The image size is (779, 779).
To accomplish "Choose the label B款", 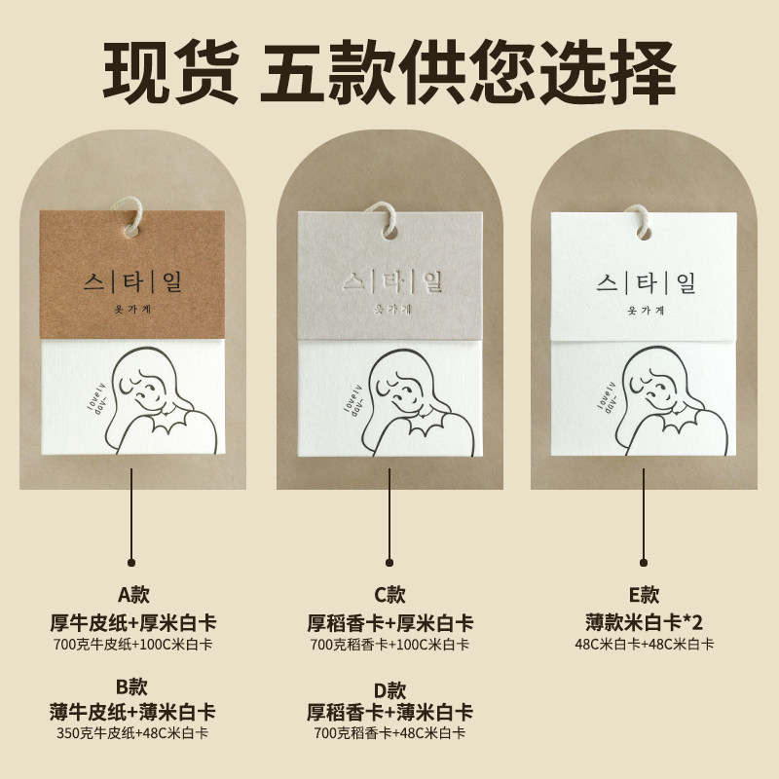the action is (x=132, y=688).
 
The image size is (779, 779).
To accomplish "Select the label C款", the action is (x=389, y=594).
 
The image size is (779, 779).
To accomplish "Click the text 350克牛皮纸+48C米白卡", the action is (x=132, y=733).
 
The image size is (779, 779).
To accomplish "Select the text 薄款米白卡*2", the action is (x=645, y=620).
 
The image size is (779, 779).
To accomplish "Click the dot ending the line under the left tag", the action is (x=132, y=562).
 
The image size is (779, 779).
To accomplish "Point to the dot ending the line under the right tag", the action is (x=645, y=562).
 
